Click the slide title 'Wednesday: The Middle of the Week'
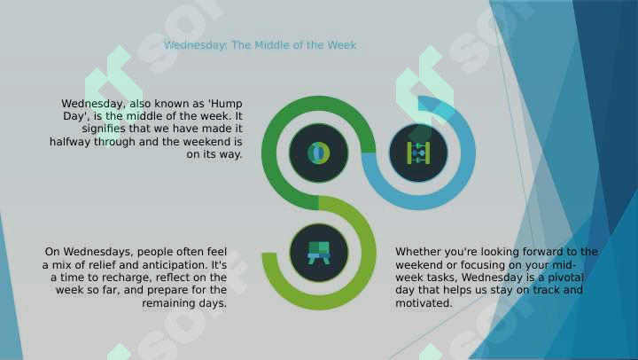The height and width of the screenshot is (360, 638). (x=260, y=45)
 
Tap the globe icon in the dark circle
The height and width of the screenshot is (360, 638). (x=319, y=153)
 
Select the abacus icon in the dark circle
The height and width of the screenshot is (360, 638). (x=418, y=153)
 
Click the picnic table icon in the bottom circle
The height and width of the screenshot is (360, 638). (x=319, y=253)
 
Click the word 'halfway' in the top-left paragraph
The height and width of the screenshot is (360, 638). (x=70, y=142)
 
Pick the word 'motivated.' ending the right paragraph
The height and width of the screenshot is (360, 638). (x=424, y=303)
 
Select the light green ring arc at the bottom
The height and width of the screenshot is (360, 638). (x=369, y=253)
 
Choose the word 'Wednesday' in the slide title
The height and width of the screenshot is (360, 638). (x=195, y=45)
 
